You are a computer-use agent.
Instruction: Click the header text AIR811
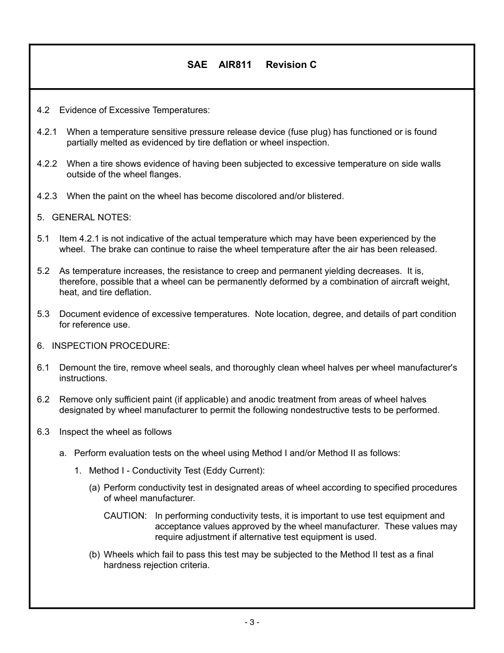(234, 65)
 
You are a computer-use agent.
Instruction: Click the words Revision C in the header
(291, 65)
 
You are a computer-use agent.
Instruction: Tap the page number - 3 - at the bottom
(251, 622)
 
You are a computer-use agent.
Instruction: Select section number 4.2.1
(47, 132)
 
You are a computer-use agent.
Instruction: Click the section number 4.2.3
(47, 196)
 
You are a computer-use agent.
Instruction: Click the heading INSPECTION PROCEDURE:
(110, 346)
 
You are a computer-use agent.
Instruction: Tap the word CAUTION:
(125, 515)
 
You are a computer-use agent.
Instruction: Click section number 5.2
(43, 271)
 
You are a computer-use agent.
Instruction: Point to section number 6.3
(43, 432)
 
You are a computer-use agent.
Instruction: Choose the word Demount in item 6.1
(76, 367)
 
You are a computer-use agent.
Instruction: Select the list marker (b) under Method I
(94, 554)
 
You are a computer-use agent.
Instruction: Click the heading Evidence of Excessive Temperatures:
(134, 110)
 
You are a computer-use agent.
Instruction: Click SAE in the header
(197, 65)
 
